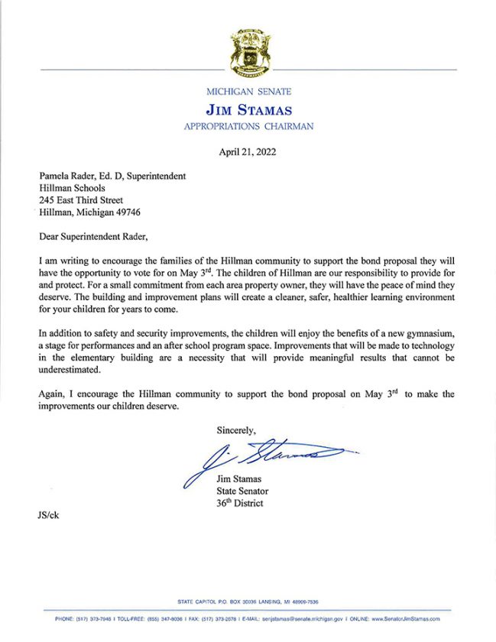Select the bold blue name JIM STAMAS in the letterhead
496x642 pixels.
(x=248, y=110)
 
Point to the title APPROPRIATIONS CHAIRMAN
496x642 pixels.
(x=248, y=126)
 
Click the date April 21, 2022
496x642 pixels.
(x=248, y=151)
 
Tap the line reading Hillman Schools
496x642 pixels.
(x=71, y=188)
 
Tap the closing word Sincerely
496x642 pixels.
(x=236, y=430)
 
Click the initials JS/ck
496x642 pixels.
(x=47, y=515)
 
